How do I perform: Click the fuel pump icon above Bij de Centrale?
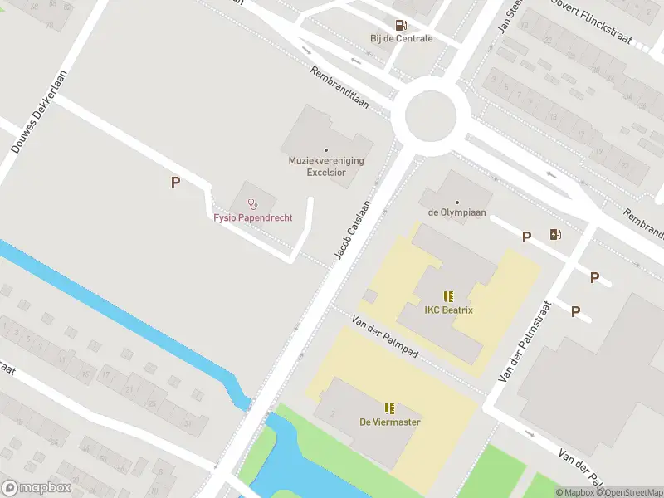401,26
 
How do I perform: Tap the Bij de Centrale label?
402,38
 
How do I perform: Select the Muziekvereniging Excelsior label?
326,166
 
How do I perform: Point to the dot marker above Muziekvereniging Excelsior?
326,149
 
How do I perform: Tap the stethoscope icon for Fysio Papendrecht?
253,203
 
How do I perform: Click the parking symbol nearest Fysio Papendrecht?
175,183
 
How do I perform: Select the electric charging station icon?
555,235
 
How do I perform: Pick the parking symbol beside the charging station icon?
526,237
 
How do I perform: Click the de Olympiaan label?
456,212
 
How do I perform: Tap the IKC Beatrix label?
448,310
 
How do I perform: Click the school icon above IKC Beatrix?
448,296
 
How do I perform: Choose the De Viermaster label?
389,422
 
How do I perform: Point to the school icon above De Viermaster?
389,408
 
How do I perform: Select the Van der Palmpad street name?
384,337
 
